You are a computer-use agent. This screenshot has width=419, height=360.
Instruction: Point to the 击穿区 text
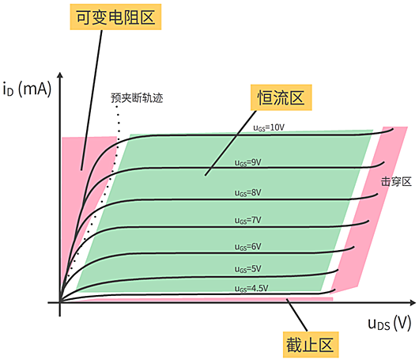click(395, 181)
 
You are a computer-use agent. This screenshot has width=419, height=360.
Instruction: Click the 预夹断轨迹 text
click(142, 100)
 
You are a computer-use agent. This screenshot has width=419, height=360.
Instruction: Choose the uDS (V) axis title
click(389, 324)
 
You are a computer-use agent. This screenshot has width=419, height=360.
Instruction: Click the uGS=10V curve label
click(269, 127)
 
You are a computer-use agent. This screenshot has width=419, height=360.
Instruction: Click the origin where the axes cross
click(60, 302)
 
